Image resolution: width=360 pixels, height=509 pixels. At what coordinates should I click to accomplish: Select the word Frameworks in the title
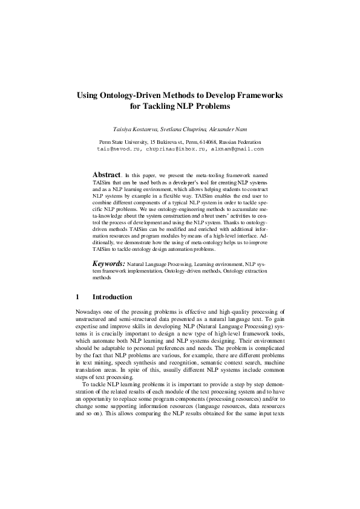[x=257, y=96]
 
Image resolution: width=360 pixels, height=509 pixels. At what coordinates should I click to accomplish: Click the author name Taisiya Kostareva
[x=130, y=129]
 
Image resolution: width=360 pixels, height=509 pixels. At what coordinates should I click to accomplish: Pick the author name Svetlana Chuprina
[x=180, y=129]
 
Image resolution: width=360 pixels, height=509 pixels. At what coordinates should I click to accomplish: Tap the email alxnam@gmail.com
[x=236, y=148]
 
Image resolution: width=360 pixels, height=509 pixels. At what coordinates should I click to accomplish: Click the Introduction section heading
[x=112, y=297]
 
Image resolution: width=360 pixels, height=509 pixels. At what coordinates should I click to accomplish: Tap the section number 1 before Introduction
[x=77, y=297]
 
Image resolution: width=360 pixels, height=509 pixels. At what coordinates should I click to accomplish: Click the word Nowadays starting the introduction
[x=88, y=312]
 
